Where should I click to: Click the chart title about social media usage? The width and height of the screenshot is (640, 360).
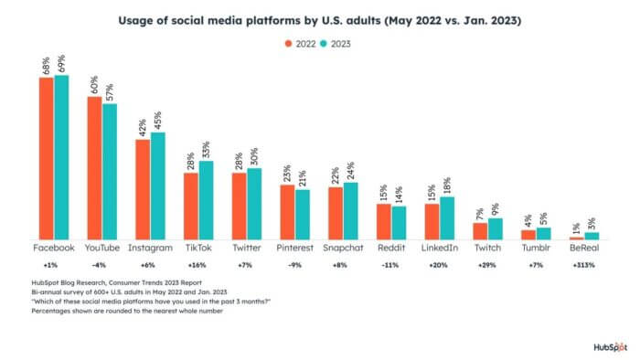tap(320, 20)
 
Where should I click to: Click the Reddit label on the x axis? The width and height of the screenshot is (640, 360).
tap(390, 248)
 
